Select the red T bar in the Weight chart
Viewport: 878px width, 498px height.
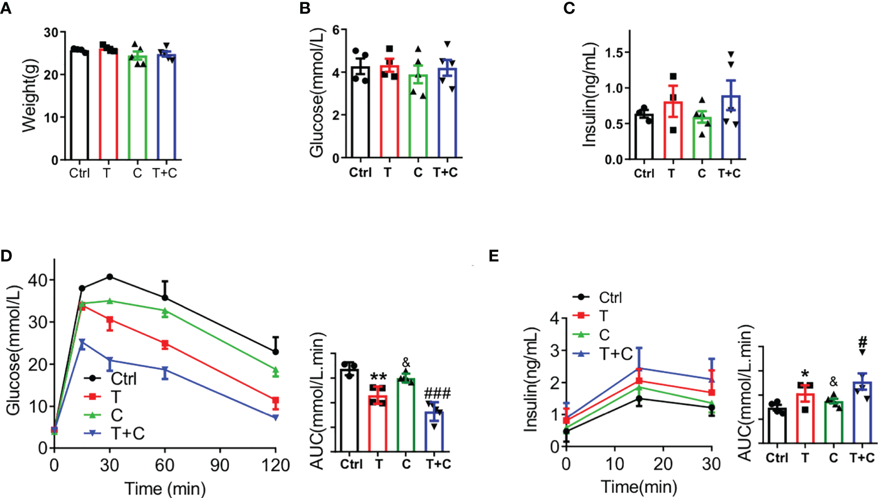[108, 105]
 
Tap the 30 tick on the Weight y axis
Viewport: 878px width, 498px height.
[51, 32]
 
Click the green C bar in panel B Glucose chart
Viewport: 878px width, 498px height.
[418, 116]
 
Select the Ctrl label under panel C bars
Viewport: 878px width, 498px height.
[644, 174]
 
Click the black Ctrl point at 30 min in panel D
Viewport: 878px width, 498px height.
[110, 277]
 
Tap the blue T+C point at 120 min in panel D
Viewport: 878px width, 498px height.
[276, 417]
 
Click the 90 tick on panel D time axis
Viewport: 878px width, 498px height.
[220, 466]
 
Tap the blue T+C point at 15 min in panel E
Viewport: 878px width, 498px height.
[639, 368]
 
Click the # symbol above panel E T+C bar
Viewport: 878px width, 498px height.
[863, 341]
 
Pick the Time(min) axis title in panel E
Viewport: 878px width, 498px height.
[639, 487]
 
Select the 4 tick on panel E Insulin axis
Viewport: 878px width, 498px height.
[554, 318]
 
